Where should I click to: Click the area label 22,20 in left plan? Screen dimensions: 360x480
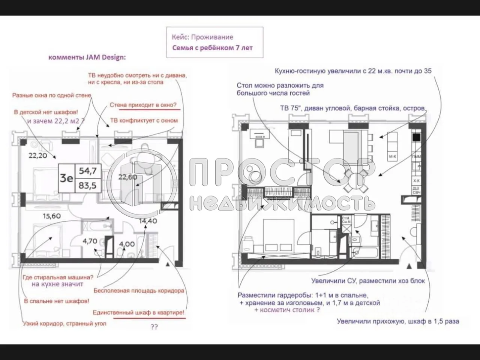pyautogui.click(x=38, y=155)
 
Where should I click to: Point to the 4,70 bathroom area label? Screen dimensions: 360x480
pyautogui.click(x=90, y=241)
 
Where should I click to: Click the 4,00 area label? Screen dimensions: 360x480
pyautogui.click(x=127, y=244)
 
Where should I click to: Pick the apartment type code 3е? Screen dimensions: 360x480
pyautogui.click(x=67, y=178)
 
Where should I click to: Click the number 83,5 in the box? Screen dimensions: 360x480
pyautogui.click(x=88, y=185)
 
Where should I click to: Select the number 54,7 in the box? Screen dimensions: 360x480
pyautogui.click(x=88, y=171)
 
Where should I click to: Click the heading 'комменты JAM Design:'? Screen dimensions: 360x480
pyautogui.click(x=87, y=57)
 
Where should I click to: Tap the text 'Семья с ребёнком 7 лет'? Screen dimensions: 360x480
pyautogui.click(x=212, y=48)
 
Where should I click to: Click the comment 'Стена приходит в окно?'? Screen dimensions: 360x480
pyautogui.click(x=143, y=105)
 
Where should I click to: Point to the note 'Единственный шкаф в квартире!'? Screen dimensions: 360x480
pyautogui.click(x=139, y=312)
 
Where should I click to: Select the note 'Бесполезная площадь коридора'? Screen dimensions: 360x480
pyautogui.click(x=139, y=291)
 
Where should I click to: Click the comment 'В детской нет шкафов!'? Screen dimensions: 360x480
pyautogui.click(x=46, y=112)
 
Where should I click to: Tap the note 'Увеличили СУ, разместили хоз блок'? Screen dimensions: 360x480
pyautogui.click(x=368, y=280)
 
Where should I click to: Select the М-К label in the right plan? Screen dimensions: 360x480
pyautogui.click(x=392, y=157)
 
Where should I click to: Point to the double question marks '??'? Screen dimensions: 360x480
pyautogui.click(x=154, y=327)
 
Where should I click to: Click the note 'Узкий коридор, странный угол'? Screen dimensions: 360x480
pyautogui.click(x=64, y=324)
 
